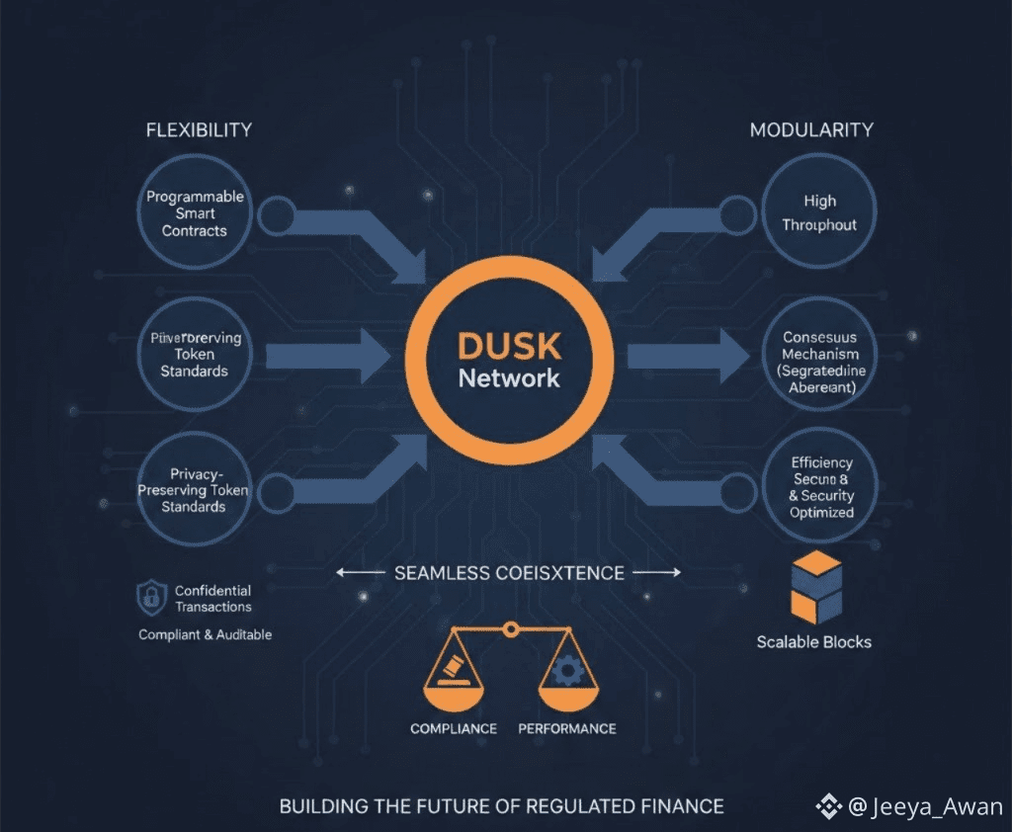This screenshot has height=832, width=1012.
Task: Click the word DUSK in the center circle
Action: pos(509,346)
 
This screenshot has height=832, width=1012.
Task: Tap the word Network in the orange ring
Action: pos(509,377)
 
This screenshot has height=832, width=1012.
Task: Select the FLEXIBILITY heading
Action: pos(199,129)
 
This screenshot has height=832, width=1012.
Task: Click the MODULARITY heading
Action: pos(811,129)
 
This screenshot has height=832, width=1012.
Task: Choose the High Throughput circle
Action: pos(819,213)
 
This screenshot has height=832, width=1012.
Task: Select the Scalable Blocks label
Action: pos(814,641)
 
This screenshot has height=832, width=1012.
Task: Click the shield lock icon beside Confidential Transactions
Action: pos(151,598)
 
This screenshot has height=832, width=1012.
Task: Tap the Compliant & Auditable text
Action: pos(205,634)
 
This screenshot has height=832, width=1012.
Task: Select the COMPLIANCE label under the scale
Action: pos(454,728)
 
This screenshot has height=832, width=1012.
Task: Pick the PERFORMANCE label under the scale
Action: pos(567,728)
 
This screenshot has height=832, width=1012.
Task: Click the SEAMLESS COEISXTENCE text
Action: pos(509,573)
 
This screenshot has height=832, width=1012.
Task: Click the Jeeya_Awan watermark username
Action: pos(937,807)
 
